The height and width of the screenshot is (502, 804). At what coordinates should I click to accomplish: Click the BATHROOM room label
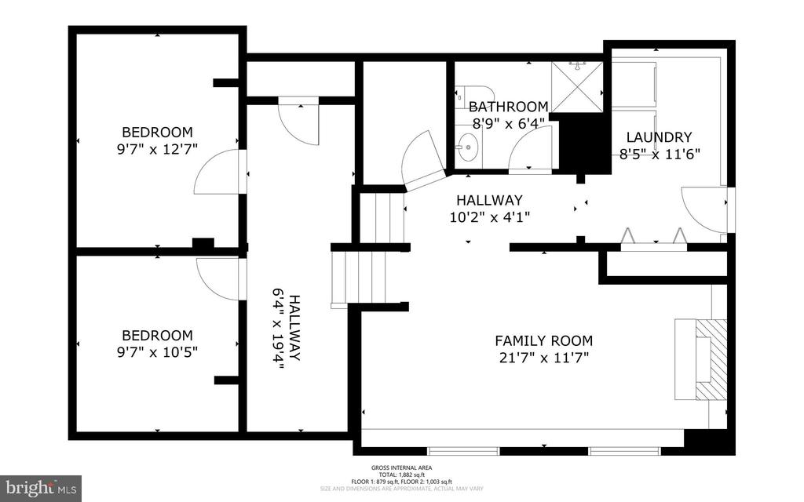(508, 107)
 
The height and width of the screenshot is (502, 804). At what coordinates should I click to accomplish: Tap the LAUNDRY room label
(658, 136)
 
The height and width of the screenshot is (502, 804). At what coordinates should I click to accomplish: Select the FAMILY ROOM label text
(543, 340)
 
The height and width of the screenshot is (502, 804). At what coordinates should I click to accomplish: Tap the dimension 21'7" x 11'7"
(543, 358)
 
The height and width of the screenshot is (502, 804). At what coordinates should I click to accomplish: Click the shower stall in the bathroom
(576, 86)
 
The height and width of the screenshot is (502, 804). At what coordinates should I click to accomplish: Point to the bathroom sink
(469, 146)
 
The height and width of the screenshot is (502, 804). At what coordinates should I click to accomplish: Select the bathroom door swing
(532, 149)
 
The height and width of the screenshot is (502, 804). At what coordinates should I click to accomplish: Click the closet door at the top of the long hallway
(300, 122)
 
